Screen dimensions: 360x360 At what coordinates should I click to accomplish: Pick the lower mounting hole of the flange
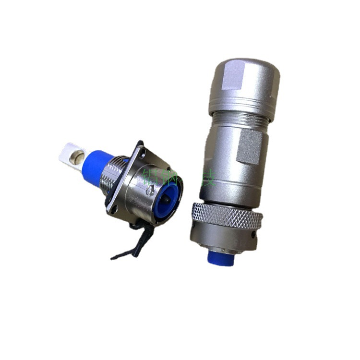[x=115, y=208]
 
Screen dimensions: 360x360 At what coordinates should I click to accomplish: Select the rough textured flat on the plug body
[x=250, y=146]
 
